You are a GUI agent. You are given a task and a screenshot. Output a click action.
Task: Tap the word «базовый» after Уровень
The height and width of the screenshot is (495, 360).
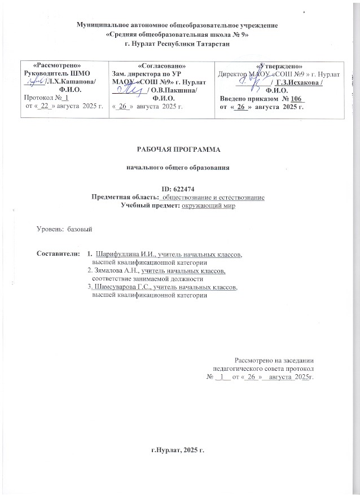point(80,229)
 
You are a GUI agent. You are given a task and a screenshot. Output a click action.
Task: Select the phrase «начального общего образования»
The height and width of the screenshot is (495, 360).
point(178,168)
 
